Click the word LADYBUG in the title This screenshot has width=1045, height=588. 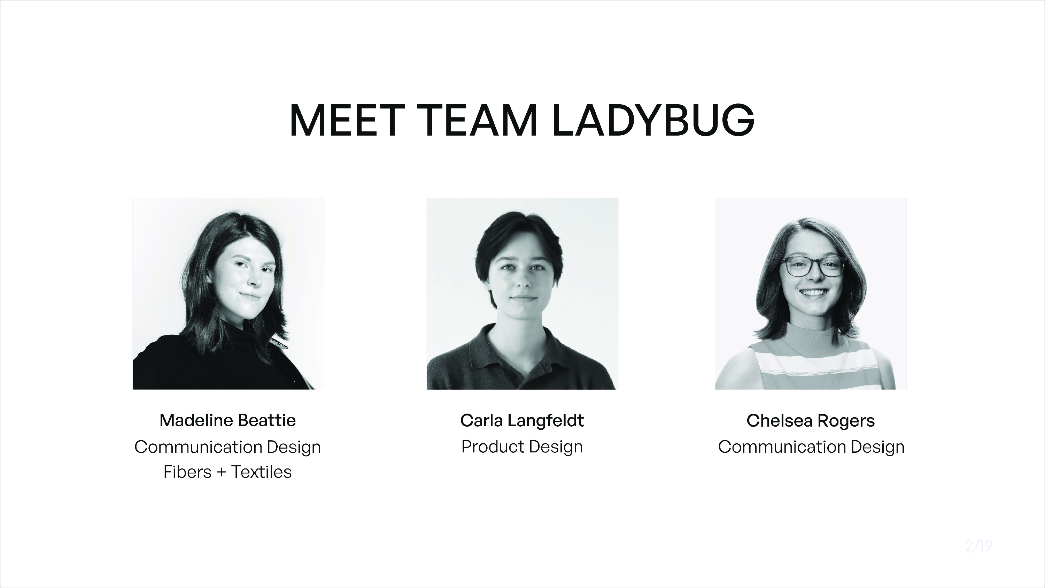coord(653,120)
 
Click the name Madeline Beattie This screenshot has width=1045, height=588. coord(227,420)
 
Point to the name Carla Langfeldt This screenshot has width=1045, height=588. coord(522,420)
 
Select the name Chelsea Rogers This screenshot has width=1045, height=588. coord(811,421)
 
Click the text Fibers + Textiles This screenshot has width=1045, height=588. coord(227,472)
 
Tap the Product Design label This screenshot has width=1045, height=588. coord(522,447)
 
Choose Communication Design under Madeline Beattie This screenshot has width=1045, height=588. coord(227,447)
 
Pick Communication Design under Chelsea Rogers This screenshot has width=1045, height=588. coord(811,447)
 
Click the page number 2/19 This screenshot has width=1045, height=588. coord(979,546)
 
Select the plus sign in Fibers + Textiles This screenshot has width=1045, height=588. coord(221,472)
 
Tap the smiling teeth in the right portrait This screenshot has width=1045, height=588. coord(813,292)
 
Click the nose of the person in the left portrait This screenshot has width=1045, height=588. coord(255,280)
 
